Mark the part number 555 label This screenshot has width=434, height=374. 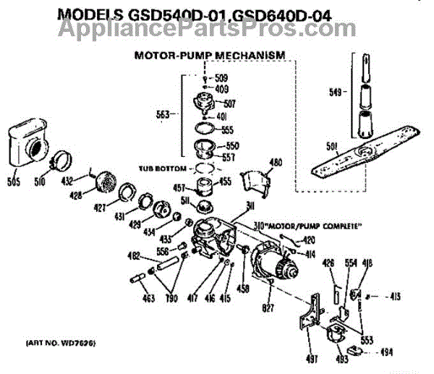227,129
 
